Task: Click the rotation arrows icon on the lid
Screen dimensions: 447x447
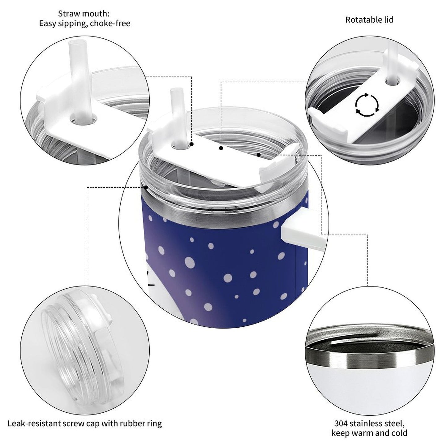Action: click(x=367, y=105)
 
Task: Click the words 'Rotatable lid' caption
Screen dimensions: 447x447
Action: click(x=369, y=20)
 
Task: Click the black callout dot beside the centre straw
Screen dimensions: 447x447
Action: click(x=192, y=144)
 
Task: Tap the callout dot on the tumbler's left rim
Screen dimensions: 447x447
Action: click(x=146, y=187)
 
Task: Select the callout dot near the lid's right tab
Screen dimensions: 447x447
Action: click(x=258, y=154)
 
